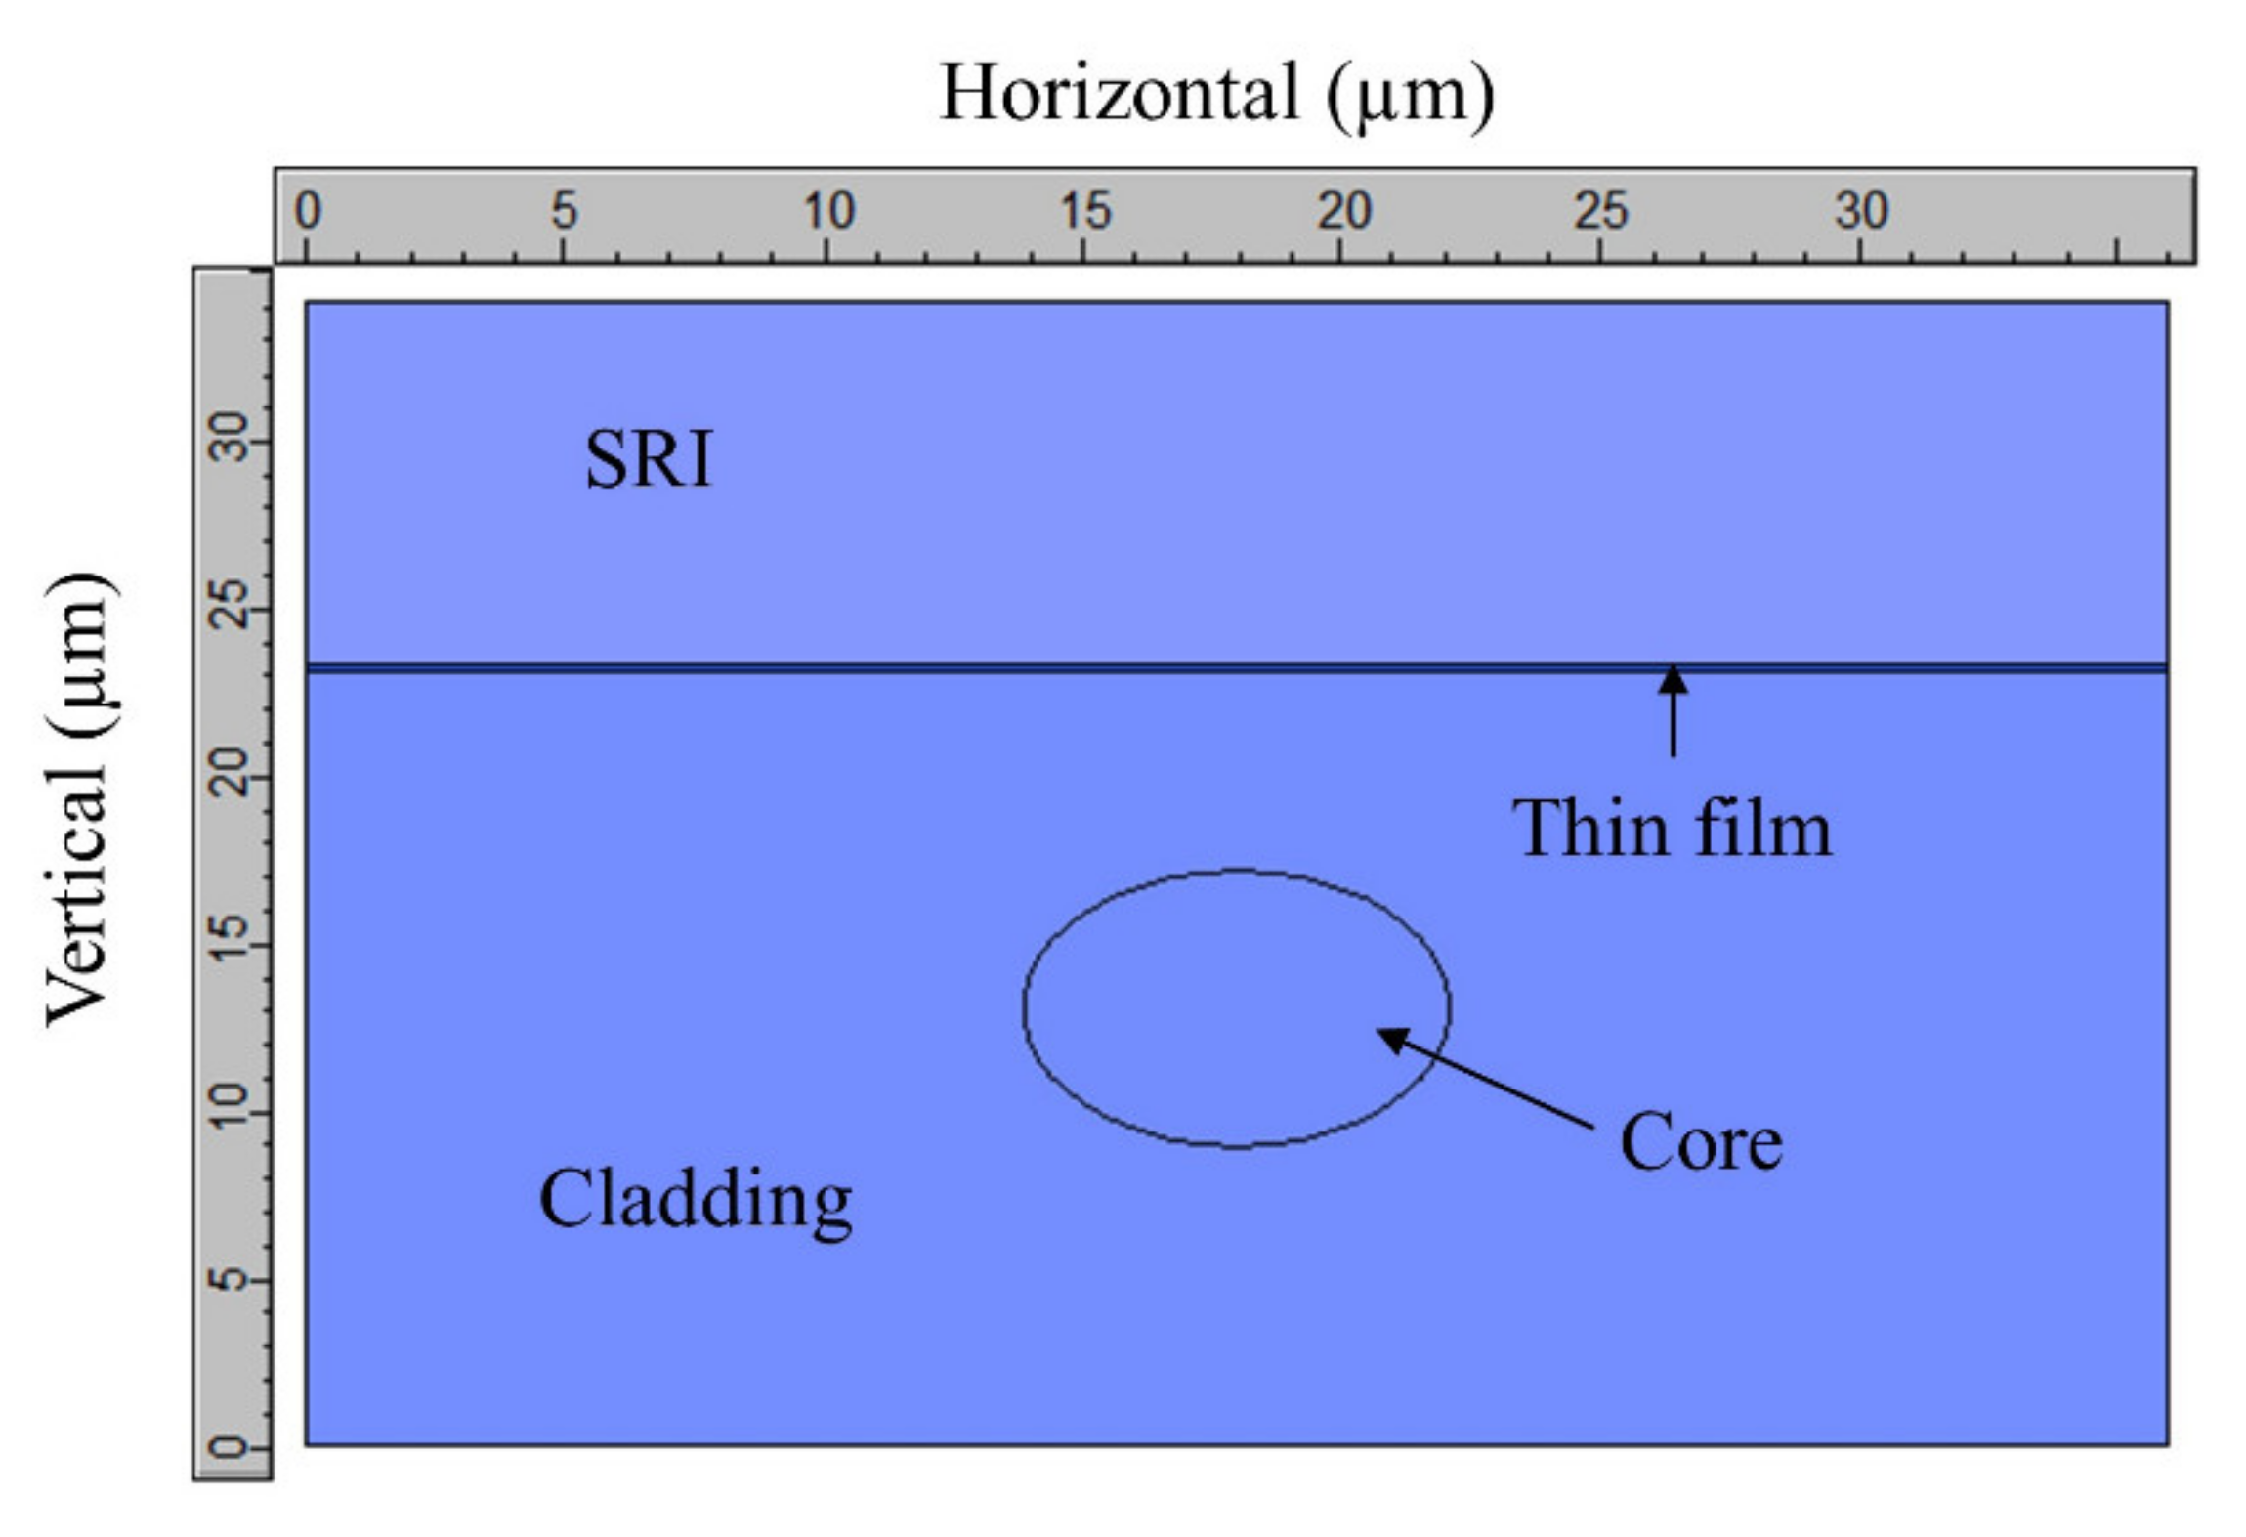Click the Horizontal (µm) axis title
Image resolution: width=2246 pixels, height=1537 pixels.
coord(1215,94)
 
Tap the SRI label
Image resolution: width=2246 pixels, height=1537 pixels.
coord(649,458)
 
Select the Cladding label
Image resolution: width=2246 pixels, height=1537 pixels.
coord(695,1199)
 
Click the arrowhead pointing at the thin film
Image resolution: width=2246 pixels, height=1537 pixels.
coord(1673,679)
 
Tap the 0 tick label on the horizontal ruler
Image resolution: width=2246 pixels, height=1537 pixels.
coord(308,210)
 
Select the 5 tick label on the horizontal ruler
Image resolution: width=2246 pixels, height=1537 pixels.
coord(564,210)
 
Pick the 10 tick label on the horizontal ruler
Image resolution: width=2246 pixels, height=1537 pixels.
coord(828,210)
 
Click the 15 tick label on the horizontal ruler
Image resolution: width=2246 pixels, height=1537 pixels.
coord(1085,210)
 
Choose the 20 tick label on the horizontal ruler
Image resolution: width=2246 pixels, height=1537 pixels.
coord(1343,210)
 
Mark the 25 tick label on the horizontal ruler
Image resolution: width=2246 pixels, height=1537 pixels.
coord(1600,210)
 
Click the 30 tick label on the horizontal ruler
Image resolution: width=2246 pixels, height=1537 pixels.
coord(1861,210)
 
